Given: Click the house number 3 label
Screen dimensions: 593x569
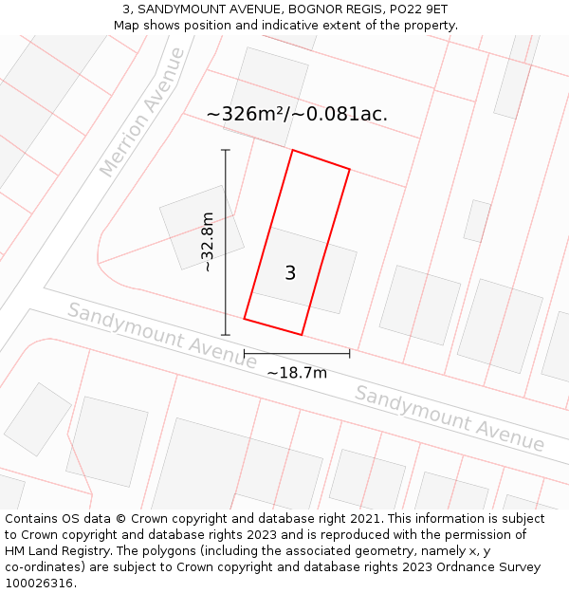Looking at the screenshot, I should point(290,273).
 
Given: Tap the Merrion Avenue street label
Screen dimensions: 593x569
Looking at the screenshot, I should point(142,112).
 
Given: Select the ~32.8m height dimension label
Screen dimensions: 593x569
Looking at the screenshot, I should point(208,242).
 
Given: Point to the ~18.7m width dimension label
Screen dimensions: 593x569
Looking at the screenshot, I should point(297,373).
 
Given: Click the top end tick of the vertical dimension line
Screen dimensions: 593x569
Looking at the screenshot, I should point(226,150).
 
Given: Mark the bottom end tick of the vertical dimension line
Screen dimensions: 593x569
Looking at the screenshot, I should point(226,335).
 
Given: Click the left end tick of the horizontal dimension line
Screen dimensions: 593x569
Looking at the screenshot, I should point(245,354).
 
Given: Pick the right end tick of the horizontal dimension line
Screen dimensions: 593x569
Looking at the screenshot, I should point(350,354).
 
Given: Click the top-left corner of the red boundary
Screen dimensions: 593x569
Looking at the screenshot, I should point(292,150).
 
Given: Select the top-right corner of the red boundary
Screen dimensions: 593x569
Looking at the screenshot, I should point(350,170).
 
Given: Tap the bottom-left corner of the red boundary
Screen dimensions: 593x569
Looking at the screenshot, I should point(245,319).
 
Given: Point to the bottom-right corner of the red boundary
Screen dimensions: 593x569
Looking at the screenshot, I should point(302,335).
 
